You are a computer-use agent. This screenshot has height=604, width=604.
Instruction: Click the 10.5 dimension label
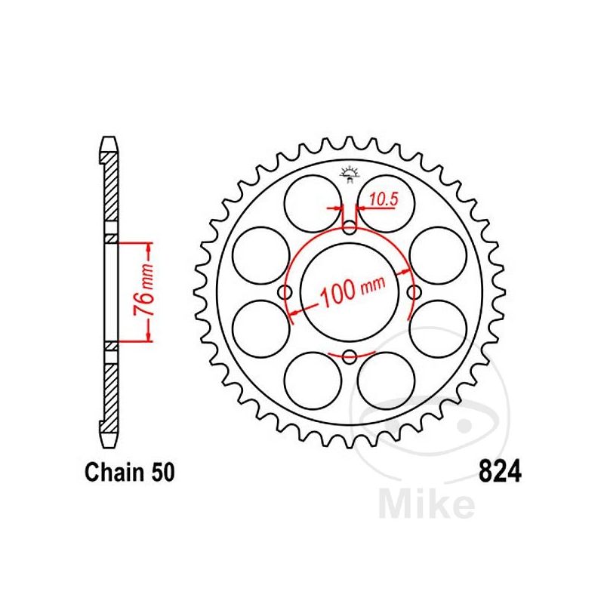pyautogui.click(x=384, y=199)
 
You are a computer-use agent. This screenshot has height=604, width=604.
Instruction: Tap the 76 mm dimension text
pyautogui.click(x=144, y=290)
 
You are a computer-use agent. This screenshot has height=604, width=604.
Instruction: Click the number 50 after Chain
pyautogui.click(x=163, y=472)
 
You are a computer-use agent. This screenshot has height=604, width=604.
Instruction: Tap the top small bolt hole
pyautogui.click(x=350, y=228)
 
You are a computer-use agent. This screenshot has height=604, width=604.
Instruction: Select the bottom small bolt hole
pyautogui.click(x=350, y=356)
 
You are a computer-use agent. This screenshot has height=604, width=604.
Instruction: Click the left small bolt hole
pyautogui.click(x=285, y=292)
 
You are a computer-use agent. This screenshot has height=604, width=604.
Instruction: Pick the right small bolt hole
pyautogui.click(x=414, y=292)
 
